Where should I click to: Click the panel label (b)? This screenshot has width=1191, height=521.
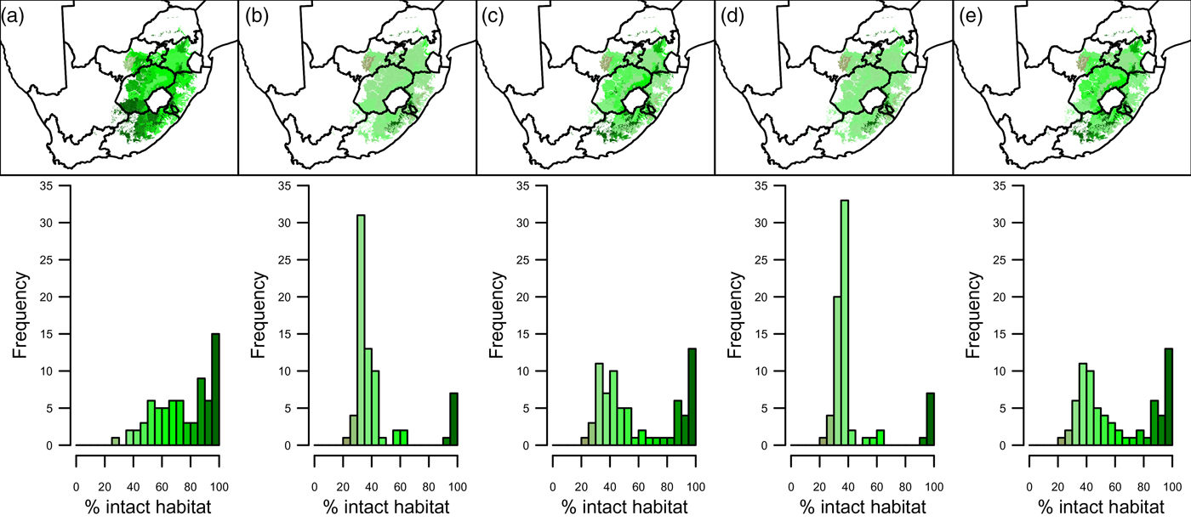[254, 13]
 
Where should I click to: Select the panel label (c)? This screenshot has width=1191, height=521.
[492, 13]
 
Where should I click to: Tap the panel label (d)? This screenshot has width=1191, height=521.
[730, 13]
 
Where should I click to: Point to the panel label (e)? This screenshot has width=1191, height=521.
[968, 13]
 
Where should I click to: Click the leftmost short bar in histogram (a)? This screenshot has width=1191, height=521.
[115, 441]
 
